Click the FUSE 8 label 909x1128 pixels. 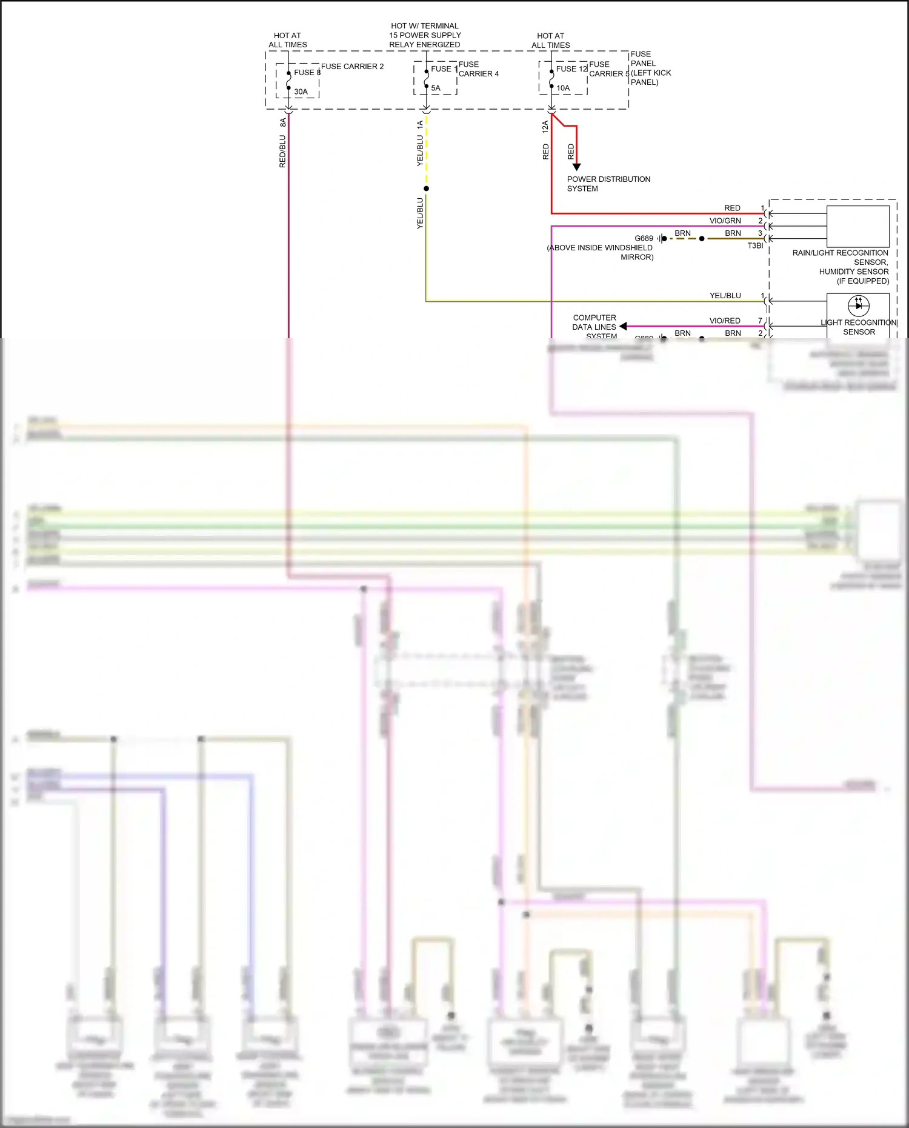(x=307, y=73)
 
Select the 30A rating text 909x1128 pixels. (x=301, y=92)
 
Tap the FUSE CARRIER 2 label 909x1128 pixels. (x=352, y=67)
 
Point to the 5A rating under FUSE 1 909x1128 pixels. (x=436, y=88)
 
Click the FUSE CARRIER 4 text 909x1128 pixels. (x=478, y=69)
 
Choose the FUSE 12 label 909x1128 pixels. (x=571, y=69)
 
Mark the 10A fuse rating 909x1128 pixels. (x=563, y=88)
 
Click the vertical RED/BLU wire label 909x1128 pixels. (x=282, y=151)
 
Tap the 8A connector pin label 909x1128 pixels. (x=283, y=122)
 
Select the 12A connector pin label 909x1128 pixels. (x=545, y=127)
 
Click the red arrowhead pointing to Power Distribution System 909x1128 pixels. (x=576, y=167)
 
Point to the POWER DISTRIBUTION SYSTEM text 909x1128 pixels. (x=608, y=184)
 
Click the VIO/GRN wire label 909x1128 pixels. (x=725, y=221)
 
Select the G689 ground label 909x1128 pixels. (x=644, y=238)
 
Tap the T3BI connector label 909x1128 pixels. (x=755, y=246)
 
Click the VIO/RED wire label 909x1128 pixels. (x=725, y=321)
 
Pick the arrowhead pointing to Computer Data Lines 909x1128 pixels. (x=623, y=326)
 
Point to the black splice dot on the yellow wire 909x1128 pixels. (x=426, y=189)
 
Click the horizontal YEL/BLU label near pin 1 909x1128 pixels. (x=725, y=296)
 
